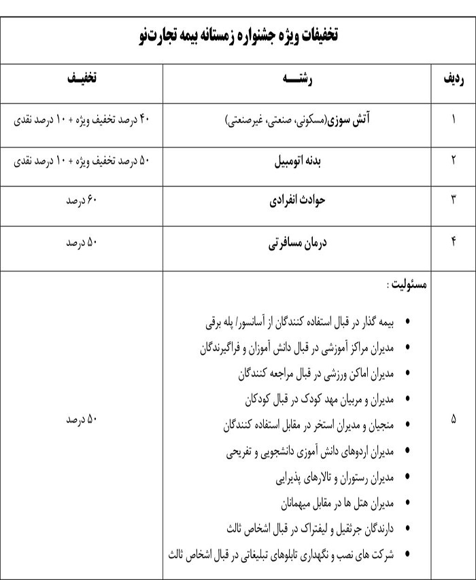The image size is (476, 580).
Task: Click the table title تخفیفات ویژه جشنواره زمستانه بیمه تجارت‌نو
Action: (237, 35)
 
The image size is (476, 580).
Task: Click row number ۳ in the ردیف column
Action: (454, 203)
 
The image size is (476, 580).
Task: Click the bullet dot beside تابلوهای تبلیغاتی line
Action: (407, 554)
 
